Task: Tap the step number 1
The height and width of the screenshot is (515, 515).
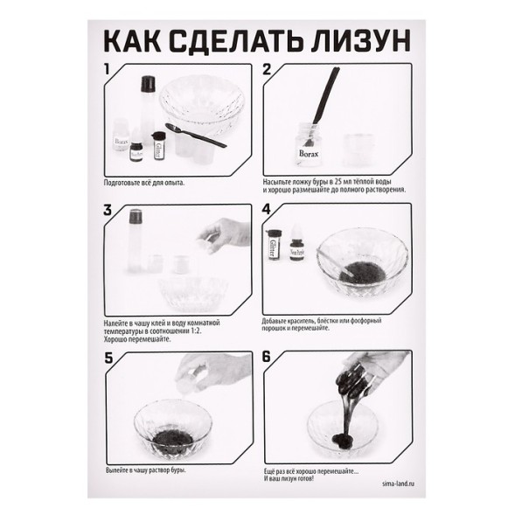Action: (107, 69)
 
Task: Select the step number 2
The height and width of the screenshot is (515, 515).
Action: (268, 70)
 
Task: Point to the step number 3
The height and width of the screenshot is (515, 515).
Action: (108, 210)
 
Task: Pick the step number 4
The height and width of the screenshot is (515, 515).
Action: (268, 210)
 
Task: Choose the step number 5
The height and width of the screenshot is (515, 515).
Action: (108, 357)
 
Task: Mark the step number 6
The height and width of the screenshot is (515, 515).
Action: (268, 357)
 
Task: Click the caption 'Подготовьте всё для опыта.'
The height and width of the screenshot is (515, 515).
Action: (143, 184)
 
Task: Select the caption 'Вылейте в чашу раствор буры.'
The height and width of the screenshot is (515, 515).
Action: (146, 470)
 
